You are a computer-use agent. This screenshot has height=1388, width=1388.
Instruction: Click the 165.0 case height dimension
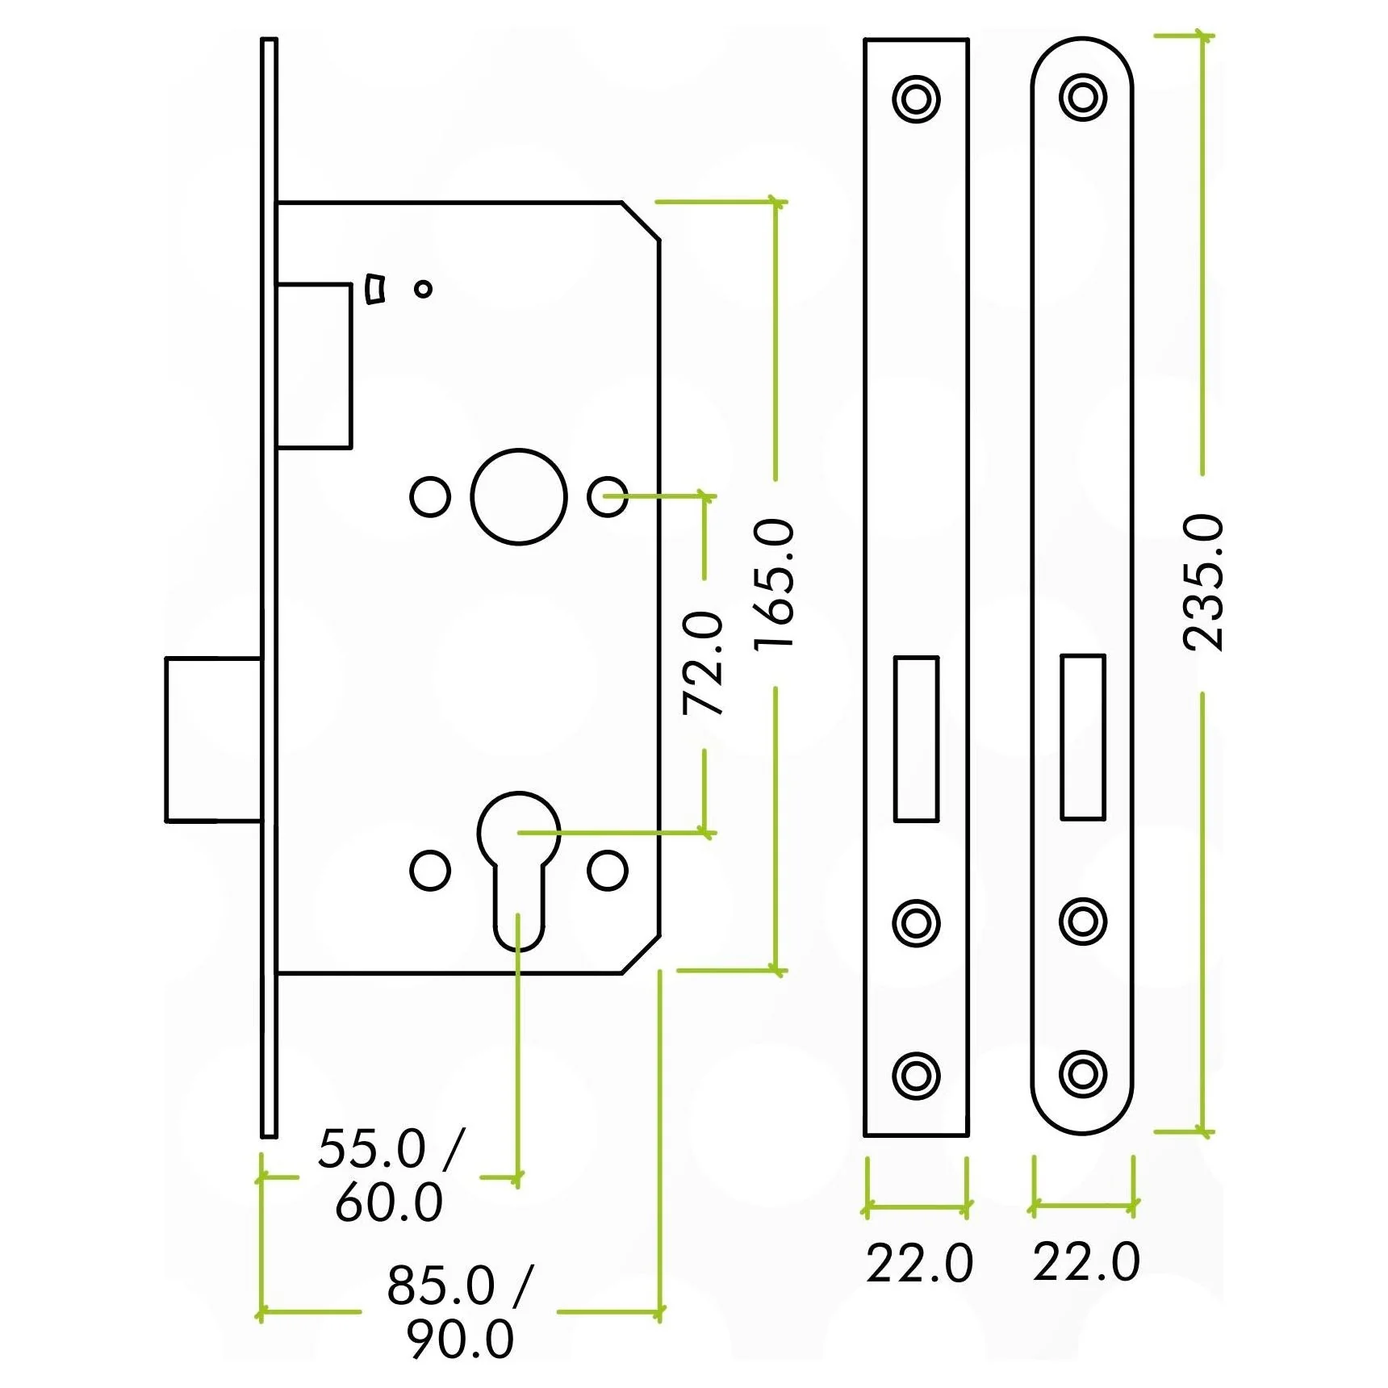coord(774,583)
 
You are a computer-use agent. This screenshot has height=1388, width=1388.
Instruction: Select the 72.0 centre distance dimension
coord(703,663)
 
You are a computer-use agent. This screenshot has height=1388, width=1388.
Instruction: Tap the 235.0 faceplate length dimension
coord(1202,582)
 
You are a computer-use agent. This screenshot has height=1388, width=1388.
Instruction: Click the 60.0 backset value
coord(389,1202)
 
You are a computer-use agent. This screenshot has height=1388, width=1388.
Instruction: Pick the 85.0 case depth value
coord(441,1286)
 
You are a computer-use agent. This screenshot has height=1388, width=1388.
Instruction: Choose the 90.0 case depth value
coord(460,1340)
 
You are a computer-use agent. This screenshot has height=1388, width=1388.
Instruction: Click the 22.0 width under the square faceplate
coord(919,1264)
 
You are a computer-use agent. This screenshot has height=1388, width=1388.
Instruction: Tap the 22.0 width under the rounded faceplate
coord(1086,1263)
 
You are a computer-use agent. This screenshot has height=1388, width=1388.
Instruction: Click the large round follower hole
coord(519,496)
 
